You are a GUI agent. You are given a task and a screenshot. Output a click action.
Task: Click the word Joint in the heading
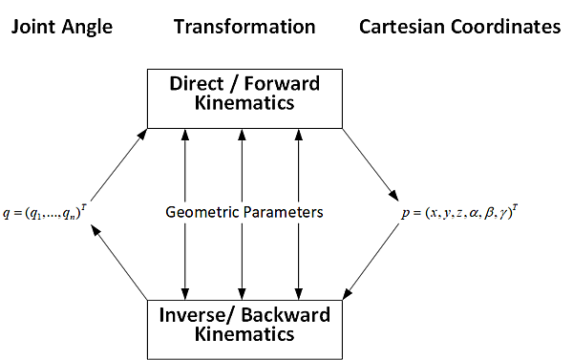(32, 27)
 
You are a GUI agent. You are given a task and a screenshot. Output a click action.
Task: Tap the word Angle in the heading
(87, 28)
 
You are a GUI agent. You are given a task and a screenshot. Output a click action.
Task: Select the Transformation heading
(244, 27)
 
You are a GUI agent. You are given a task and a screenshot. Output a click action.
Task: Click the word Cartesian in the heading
(402, 27)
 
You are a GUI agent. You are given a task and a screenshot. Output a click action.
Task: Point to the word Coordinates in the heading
(506, 27)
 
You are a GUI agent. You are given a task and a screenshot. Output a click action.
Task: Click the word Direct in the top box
(197, 84)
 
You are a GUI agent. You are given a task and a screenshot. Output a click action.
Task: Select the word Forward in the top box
(282, 84)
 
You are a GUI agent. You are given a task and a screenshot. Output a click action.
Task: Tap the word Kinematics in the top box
(244, 103)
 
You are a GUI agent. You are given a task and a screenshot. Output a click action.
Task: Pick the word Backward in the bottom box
(286, 315)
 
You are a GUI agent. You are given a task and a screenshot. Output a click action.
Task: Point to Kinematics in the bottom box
(244, 334)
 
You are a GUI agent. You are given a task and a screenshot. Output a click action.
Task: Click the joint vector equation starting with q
(45, 212)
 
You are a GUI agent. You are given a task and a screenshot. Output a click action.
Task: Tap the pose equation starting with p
(459, 212)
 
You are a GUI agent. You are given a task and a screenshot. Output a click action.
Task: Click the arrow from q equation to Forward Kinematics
(118, 164)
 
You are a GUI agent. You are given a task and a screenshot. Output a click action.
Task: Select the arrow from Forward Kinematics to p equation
(371, 164)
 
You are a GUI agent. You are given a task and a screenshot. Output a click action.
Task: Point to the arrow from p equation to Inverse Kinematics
(371, 262)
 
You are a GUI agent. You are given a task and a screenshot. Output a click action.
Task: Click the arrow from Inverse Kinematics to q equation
(118, 263)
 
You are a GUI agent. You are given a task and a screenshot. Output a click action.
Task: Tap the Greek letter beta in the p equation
(489, 213)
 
